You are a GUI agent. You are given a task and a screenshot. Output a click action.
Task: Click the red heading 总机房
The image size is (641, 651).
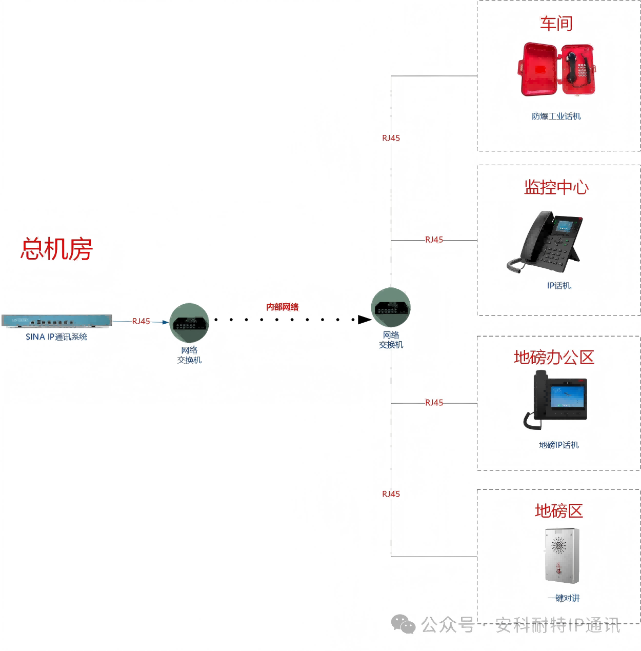(x=56, y=249)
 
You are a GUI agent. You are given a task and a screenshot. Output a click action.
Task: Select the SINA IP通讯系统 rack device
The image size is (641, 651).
(x=56, y=321)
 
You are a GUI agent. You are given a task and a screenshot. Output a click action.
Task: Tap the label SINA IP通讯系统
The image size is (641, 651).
(x=56, y=337)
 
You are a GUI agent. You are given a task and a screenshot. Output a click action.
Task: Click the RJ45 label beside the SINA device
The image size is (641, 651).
(x=141, y=321)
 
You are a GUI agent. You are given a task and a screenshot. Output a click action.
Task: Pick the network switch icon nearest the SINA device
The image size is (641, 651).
(x=189, y=323)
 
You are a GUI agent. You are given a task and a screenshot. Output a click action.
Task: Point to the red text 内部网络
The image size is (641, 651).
(x=282, y=307)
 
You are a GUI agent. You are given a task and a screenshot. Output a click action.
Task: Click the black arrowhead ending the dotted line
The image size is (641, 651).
(x=365, y=320)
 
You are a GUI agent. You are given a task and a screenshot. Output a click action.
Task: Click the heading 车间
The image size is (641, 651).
(x=556, y=24)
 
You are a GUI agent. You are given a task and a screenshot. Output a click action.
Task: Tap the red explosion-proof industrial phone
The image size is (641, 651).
(x=558, y=70)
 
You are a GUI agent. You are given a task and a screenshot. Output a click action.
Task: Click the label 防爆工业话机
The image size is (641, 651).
(x=556, y=116)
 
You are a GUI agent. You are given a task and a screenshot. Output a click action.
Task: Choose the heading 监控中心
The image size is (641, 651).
(x=556, y=187)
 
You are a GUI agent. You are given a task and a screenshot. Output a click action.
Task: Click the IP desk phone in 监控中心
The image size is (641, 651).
(x=549, y=241)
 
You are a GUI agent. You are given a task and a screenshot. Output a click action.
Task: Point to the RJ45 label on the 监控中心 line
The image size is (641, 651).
(x=434, y=240)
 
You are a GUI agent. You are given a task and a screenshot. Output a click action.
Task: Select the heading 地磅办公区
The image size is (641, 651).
(x=554, y=358)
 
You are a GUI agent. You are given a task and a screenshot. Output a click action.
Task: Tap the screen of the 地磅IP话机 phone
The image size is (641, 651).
(x=567, y=397)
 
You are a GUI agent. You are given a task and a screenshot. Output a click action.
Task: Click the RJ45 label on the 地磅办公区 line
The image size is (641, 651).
(x=434, y=403)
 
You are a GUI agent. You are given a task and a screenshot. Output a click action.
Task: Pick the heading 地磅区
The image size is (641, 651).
(x=559, y=511)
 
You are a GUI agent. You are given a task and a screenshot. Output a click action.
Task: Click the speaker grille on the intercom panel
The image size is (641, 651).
(x=559, y=545)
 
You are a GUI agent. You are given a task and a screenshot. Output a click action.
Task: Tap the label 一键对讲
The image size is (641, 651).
(x=564, y=598)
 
